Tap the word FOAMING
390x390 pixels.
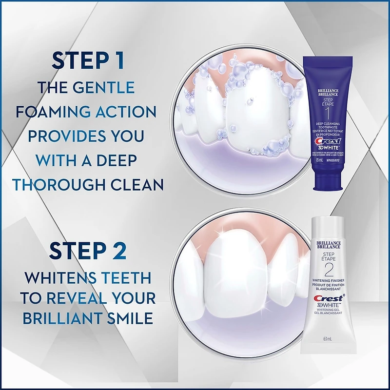[53, 111]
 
